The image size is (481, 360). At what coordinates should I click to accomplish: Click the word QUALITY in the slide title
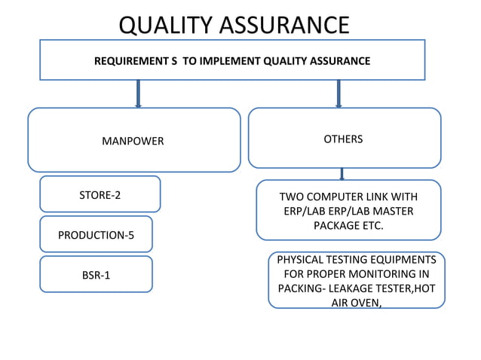click(167, 25)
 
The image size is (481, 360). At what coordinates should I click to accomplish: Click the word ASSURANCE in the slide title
click(284, 25)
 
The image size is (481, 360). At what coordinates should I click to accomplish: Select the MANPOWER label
click(133, 141)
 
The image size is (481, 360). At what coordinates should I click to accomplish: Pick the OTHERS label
click(343, 139)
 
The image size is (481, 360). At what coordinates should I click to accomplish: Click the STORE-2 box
click(100, 195)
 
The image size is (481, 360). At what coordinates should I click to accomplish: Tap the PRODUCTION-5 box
click(96, 235)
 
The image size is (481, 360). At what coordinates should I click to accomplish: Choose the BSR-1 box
click(96, 275)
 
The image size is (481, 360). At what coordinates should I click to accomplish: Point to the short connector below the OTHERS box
click(342, 174)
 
